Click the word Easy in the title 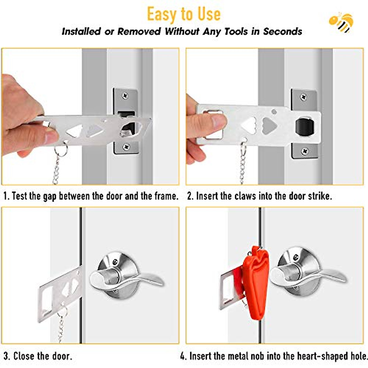[x=161, y=14]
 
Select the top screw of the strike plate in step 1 [x=125, y=96]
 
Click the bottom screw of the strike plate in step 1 [x=126, y=147]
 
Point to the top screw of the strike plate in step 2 [x=303, y=97]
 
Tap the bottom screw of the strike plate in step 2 [x=305, y=151]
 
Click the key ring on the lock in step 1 [x=61, y=150]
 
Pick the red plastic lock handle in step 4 [x=255, y=282]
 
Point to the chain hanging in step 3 [x=61, y=328]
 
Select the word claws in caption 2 [x=245, y=196]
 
